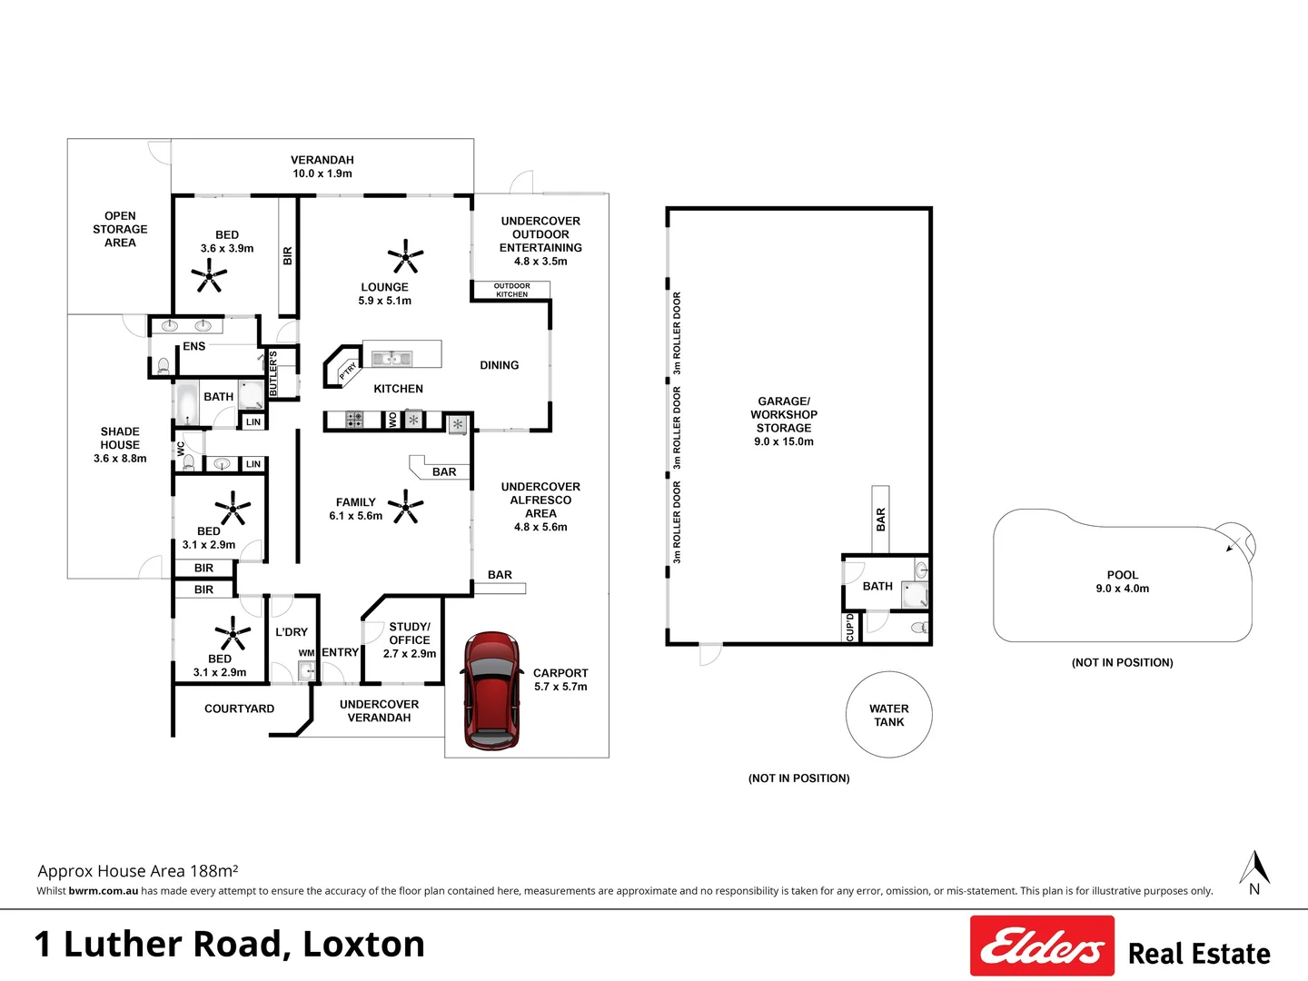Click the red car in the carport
(490, 691)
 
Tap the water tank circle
(888, 715)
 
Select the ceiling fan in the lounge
(405, 256)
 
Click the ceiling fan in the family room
(406, 506)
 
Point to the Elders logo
(1042, 946)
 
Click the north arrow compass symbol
(1254, 870)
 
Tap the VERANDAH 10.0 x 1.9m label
(322, 166)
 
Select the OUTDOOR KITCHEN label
(511, 290)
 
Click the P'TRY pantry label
(348, 371)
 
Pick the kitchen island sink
(392, 359)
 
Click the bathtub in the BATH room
(188, 404)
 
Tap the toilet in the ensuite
(163, 366)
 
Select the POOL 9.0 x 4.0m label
(1122, 581)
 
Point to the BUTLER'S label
(273, 373)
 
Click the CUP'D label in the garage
(850, 627)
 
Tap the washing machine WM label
(306, 653)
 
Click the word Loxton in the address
(363, 944)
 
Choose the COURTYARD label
(239, 708)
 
